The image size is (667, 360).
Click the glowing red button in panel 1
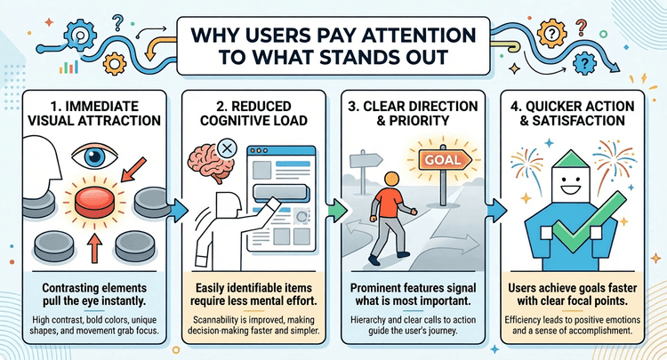[94, 203]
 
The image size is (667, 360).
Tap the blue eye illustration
[94, 156]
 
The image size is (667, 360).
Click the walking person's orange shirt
[388, 200]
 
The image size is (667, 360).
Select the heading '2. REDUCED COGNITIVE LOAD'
[253, 113]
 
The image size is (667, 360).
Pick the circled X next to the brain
[227, 148]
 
